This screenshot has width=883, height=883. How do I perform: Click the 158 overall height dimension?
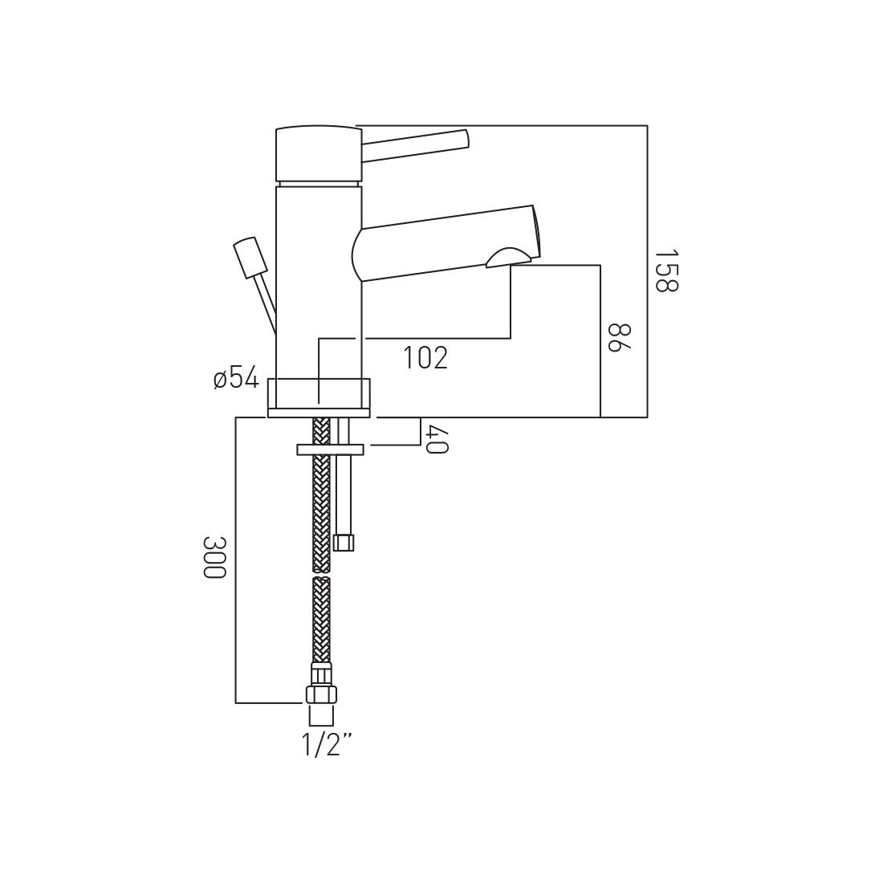tap(665, 271)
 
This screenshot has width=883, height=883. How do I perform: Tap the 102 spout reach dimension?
tap(425, 358)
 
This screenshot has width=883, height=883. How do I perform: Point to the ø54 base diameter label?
tap(236, 377)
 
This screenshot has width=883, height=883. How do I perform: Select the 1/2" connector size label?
tap(327, 746)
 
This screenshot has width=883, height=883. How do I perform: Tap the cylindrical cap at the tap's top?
tap(318, 153)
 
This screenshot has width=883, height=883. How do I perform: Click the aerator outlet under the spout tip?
tap(507, 257)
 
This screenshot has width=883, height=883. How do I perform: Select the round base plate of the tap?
tap(319, 397)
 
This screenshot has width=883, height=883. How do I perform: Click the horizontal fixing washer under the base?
tap(330, 449)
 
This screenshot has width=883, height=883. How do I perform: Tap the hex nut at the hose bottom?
tap(320, 694)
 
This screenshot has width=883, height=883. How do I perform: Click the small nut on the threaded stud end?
tap(344, 543)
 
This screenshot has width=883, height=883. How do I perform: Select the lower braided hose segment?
tap(321, 618)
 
